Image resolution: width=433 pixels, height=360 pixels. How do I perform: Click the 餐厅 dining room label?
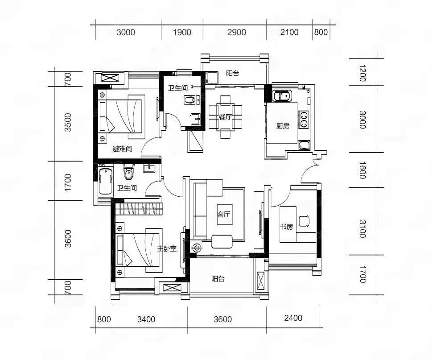(x=225, y=117)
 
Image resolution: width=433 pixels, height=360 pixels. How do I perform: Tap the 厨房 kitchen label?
(x=283, y=126)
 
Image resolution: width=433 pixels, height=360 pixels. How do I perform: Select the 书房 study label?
(x=286, y=227)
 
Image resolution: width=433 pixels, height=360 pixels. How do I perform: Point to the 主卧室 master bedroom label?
(x=167, y=248)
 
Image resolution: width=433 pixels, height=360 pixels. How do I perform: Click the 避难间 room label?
(x=122, y=149)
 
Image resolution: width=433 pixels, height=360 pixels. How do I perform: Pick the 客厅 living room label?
(x=224, y=215)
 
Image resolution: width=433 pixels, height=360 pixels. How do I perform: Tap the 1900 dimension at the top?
(x=182, y=32)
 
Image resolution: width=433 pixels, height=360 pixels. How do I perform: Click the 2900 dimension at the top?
(x=236, y=32)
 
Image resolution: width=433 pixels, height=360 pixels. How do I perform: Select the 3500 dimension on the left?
(x=68, y=122)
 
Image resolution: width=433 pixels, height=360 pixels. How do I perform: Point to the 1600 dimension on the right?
(x=363, y=170)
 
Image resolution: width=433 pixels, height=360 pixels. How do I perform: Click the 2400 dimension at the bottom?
(x=293, y=318)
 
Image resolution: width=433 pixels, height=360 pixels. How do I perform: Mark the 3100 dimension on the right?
(x=363, y=229)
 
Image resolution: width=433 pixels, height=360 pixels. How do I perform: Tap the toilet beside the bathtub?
(x=128, y=172)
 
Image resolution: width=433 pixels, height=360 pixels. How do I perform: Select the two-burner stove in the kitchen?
(x=304, y=120)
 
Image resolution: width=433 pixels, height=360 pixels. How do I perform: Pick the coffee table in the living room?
(x=222, y=241)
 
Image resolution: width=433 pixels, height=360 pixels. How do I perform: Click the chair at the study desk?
(x=304, y=220)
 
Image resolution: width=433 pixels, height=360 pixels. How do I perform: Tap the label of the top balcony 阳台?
(x=232, y=73)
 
